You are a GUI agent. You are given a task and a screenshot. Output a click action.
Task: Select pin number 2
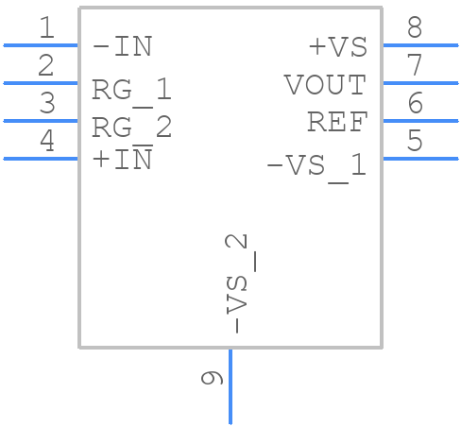coord(45,66)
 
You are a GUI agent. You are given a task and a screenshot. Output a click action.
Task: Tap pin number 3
coord(45,104)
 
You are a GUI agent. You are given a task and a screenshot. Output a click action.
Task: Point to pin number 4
coord(45,142)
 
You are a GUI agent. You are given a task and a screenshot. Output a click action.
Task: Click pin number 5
coord(415,142)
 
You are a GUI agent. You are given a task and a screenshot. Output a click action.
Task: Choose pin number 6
coord(415,104)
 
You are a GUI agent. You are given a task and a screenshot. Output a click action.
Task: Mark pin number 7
coord(415,66)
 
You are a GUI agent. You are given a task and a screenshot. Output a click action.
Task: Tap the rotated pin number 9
coord(213,378)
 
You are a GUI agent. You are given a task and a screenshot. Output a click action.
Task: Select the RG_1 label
coord(131,90)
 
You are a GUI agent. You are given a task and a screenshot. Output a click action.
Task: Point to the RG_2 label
coord(131,127)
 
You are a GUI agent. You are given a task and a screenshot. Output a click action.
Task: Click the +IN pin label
coord(122,160)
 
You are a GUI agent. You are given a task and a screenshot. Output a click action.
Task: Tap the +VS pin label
coord(337,46)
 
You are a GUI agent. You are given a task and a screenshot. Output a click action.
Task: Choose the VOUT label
coord(325,85)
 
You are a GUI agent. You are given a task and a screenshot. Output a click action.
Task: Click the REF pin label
coord(336,122)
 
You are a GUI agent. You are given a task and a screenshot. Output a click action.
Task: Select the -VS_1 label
coord(316,165)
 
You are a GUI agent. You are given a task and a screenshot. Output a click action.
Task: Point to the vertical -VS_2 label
coord(242,283)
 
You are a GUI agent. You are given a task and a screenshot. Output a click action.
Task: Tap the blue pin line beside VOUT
coord(419,83)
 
